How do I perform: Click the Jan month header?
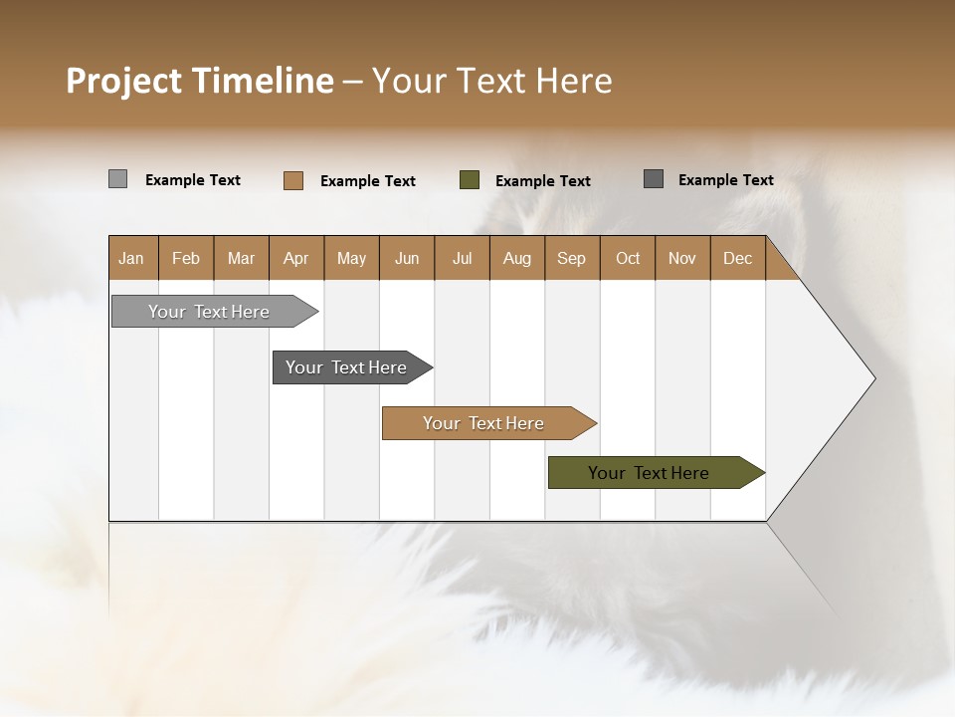click(132, 258)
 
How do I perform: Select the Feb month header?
click(186, 258)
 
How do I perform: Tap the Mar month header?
click(241, 258)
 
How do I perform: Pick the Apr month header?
click(296, 258)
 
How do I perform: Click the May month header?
click(351, 258)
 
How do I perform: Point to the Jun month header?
click(407, 258)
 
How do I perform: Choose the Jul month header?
click(462, 258)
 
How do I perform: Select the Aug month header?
click(517, 258)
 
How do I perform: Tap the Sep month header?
click(572, 258)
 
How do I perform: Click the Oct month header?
click(628, 258)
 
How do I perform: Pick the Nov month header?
click(682, 258)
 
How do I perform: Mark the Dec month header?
click(738, 258)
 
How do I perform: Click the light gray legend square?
click(118, 179)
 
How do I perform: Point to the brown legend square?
click(293, 180)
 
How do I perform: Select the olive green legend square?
click(470, 180)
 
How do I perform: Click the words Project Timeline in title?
click(200, 81)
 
